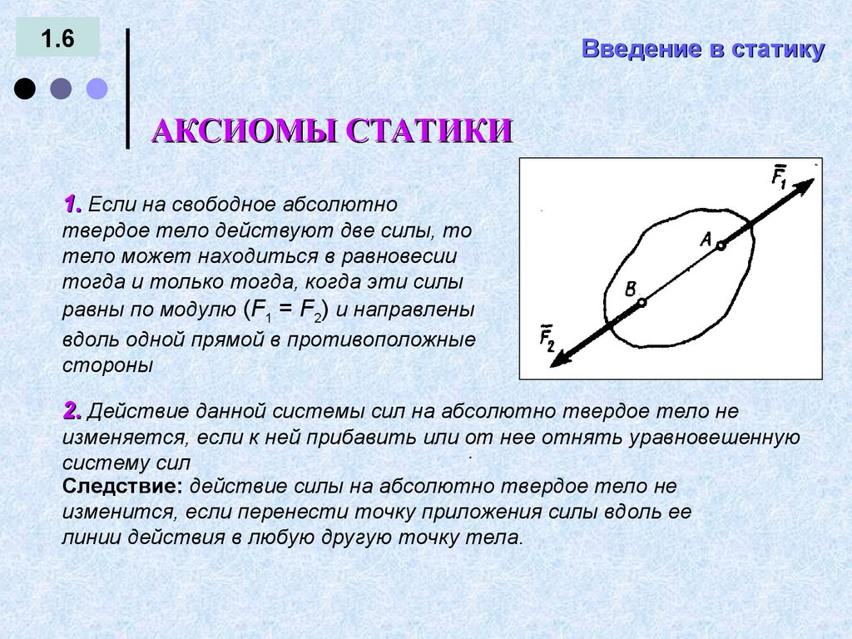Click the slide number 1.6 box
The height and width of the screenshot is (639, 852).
point(57,39)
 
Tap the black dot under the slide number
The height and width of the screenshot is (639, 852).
point(25,89)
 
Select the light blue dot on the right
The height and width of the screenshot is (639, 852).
point(97,89)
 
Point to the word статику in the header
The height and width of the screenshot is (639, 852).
point(778,49)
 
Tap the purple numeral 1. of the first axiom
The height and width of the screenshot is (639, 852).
point(72,204)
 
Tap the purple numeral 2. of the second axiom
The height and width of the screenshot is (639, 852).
point(72,410)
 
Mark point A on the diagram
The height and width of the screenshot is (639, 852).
point(721,245)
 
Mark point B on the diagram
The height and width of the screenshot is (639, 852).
point(641,304)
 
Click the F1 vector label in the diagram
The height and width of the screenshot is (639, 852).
point(779,177)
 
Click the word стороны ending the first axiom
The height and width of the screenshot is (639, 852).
point(108,365)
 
